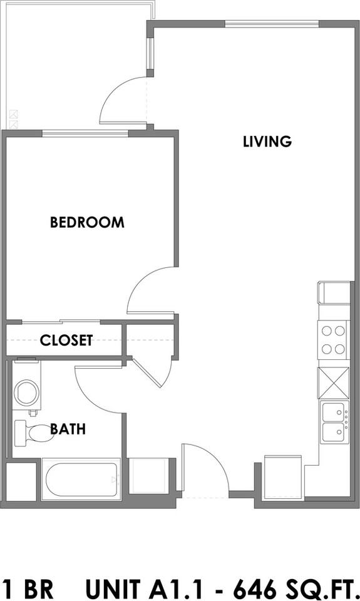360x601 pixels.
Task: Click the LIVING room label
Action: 267,141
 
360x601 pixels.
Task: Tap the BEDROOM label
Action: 87,222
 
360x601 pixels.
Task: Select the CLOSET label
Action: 66,341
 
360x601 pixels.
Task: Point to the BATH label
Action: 68,429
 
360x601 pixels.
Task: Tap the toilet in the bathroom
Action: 34,433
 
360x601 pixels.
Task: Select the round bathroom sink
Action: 27,393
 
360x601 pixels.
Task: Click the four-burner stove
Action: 333,339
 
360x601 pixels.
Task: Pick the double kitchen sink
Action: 335,423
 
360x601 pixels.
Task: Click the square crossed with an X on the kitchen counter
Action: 333,382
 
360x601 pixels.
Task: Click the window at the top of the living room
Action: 272,24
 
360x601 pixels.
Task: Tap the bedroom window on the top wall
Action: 85,132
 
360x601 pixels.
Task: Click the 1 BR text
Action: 28,588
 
